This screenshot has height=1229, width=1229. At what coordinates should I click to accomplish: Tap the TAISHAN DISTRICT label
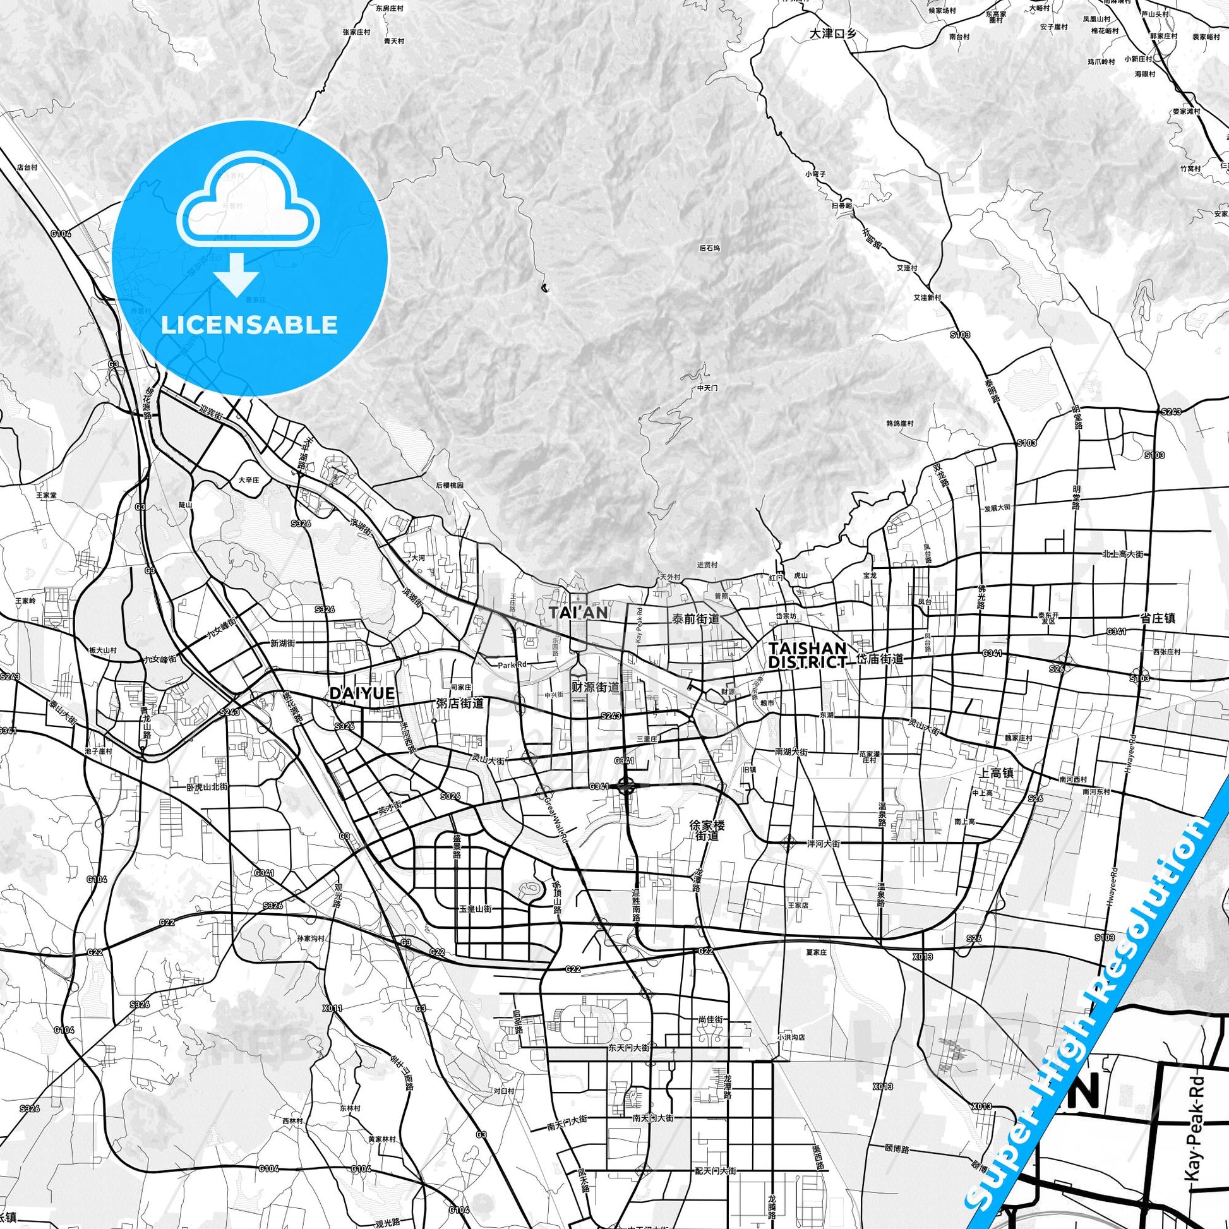click(808, 654)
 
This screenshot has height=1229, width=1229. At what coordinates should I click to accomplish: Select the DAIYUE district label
click(361, 693)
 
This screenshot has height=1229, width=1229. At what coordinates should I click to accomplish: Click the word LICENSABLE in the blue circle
click(249, 325)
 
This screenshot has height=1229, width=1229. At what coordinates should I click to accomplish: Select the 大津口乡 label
click(832, 34)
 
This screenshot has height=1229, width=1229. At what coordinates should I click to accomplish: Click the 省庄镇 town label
click(1157, 618)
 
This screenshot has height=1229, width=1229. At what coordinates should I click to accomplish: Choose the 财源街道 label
click(596, 687)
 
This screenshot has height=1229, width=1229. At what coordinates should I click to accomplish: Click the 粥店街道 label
click(460, 704)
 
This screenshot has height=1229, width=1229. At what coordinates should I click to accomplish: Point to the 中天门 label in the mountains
click(707, 387)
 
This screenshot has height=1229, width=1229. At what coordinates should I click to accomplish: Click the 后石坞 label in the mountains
click(710, 248)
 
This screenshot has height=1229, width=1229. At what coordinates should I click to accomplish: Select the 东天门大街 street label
click(628, 1047)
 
